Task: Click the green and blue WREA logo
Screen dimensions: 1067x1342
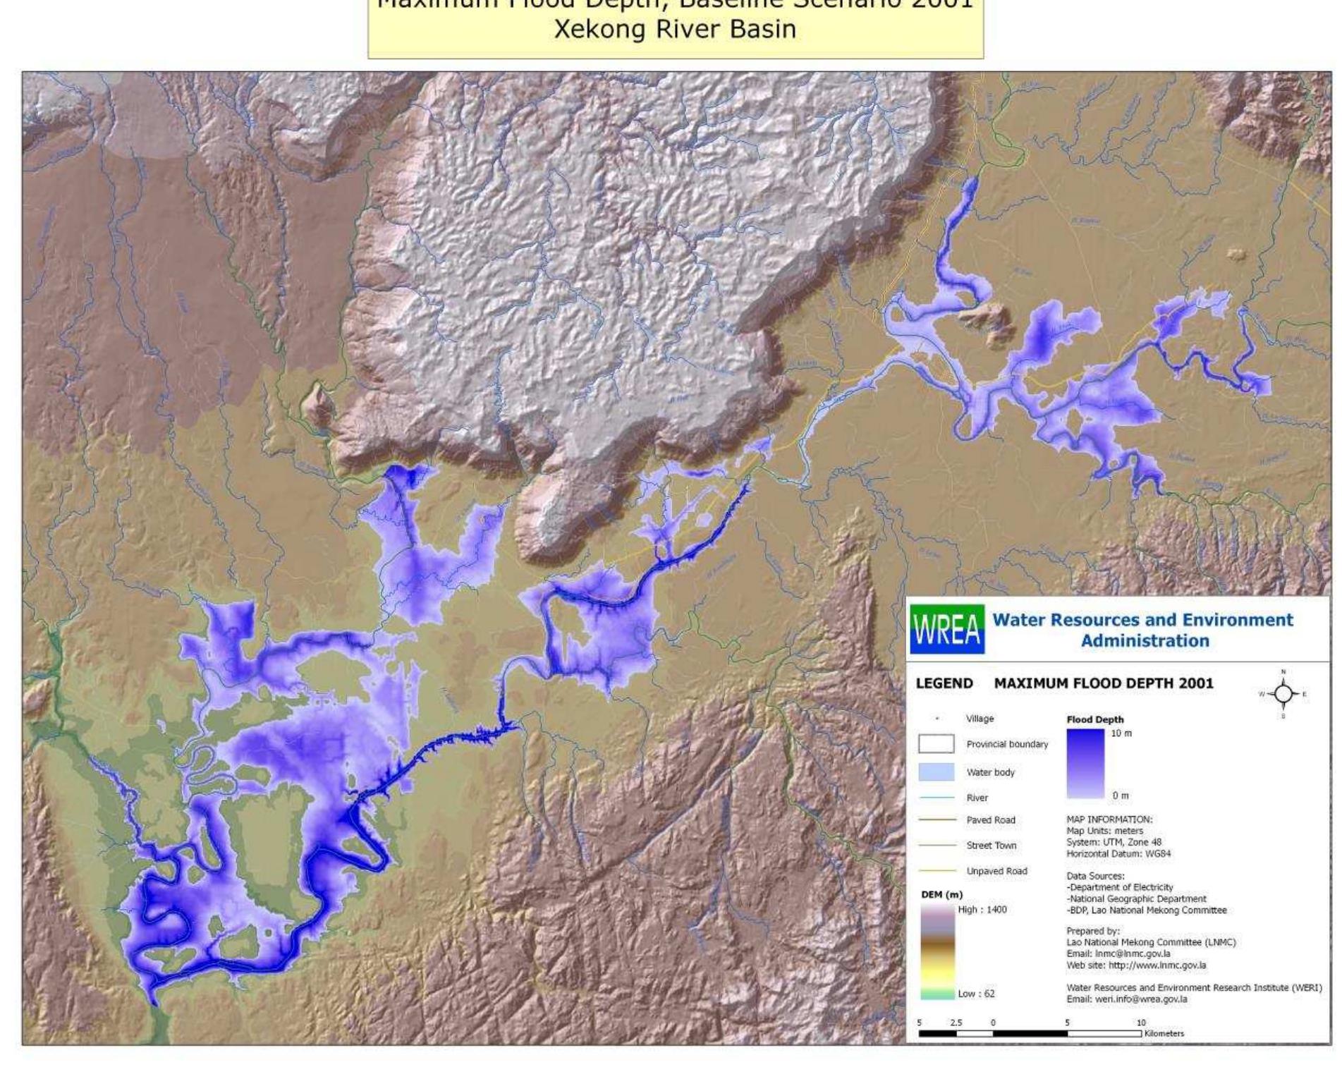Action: pos(946,629)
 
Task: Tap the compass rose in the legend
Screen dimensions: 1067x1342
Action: pos(1283,695)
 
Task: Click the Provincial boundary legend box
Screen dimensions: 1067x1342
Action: pos(936,744)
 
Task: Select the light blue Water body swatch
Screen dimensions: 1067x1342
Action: pos(936,772)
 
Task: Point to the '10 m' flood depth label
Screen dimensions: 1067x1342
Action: pos(1121,733)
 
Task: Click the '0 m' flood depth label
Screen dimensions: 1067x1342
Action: pos(1120,795)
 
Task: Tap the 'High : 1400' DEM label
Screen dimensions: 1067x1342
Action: pos(982,910)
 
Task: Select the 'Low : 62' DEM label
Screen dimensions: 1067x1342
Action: pos(976,994)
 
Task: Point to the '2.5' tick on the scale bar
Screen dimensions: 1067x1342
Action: pos(956,1023)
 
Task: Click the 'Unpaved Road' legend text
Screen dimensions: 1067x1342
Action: pos(996,871)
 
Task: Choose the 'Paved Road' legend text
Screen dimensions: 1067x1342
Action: pos(991,820)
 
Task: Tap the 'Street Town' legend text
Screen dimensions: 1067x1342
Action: pos(991,846)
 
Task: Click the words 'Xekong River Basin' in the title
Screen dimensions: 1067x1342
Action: pos(675,30)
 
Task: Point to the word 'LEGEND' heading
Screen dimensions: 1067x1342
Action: pos(944,683)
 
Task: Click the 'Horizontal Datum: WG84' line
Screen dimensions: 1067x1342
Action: pos(1118,853)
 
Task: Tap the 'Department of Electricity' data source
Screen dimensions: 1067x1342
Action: pos(1121,887)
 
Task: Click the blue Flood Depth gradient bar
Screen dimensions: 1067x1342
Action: pos(1085,764)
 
